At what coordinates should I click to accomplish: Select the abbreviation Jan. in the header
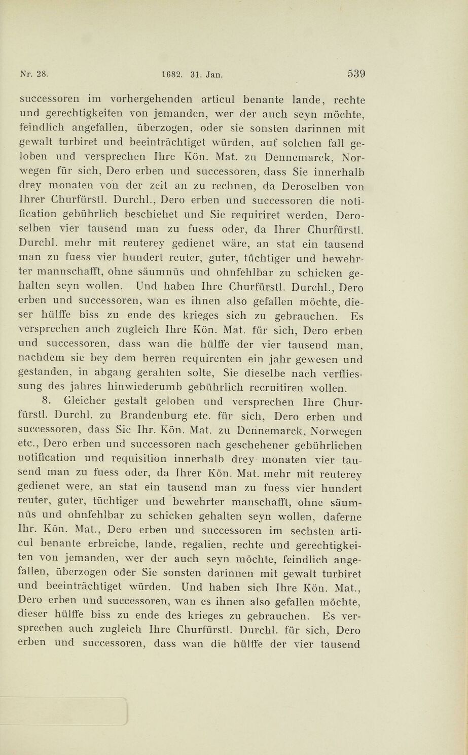(x=214, y=74)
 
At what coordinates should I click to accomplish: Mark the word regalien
(x=212, y=546)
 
